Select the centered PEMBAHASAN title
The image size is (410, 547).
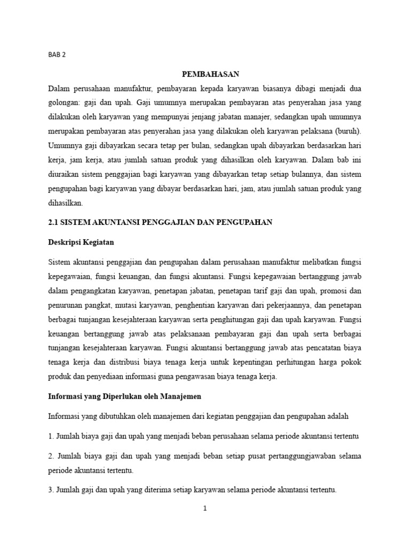click(x=204, y=74)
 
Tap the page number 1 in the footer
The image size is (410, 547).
click(x=204, y=509)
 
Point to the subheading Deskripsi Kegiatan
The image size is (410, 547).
click(x=81, y=242)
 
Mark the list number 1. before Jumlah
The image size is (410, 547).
click(x=51, y=436)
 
